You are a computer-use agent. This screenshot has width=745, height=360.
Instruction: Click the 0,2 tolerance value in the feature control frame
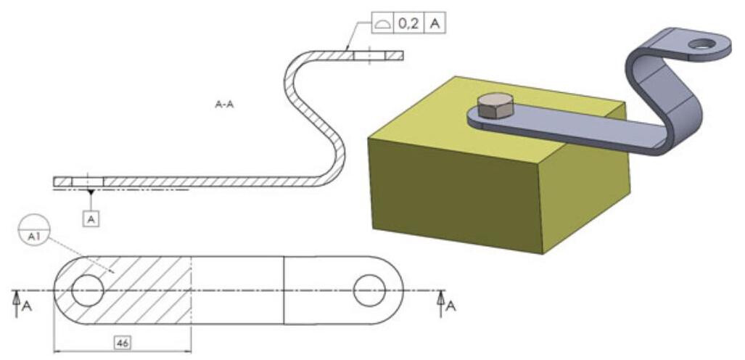click(x=408, y=23)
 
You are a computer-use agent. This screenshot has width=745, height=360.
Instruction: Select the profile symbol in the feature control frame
click(x=382, y=24)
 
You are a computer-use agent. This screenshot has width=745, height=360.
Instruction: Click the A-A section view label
click(x=224, y=105)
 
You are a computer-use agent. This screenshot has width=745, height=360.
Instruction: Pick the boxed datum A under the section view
click(x=91, y=218)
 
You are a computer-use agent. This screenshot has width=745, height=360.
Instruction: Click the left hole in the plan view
click(x=88, y=291)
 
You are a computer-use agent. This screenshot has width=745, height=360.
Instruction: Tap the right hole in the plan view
click(x=369, y=291)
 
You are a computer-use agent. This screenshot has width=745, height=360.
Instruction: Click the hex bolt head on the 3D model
click(x=497, y=107)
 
